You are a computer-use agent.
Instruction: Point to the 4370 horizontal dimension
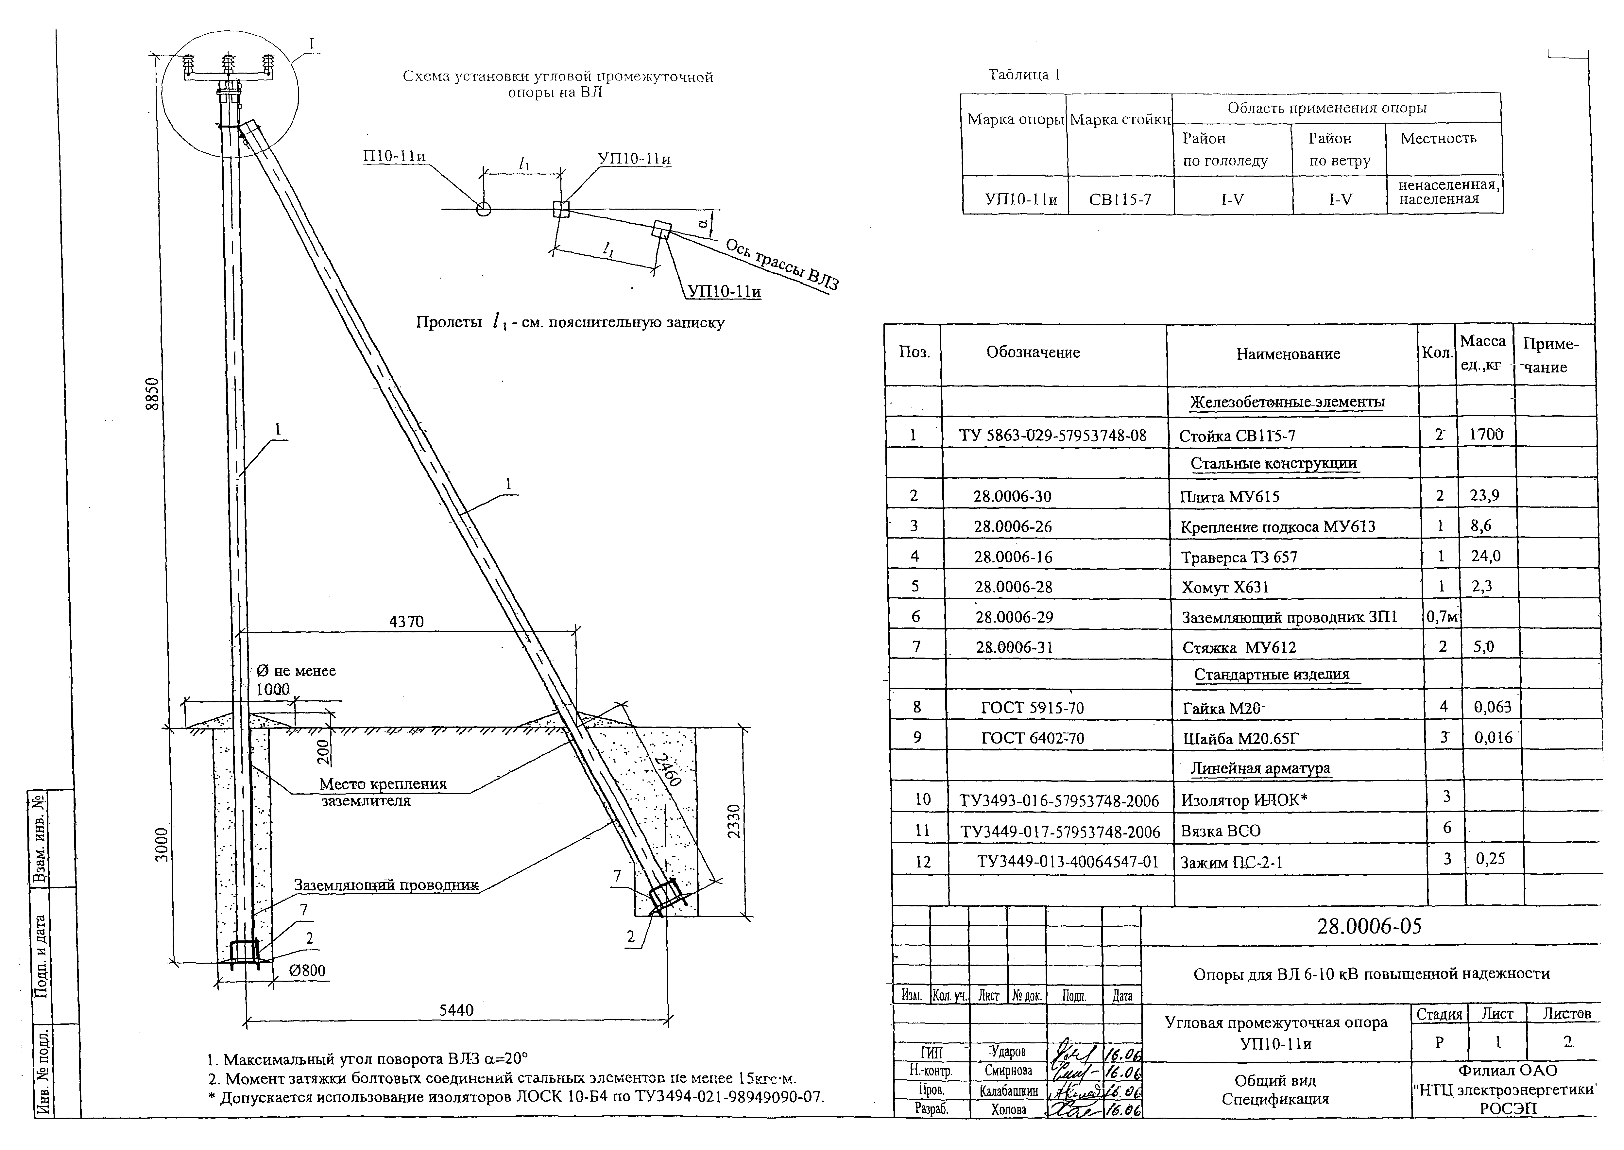(x=406, y=621)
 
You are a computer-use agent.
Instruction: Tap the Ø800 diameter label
(x=307, y=970)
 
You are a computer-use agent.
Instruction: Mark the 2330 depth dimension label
(x=733, y=821)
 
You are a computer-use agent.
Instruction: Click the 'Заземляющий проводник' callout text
(x=386, y=885)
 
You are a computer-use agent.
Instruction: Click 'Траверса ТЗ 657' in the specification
(x=1239, y=557)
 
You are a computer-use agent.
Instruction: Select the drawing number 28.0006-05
(x=1368, y=926)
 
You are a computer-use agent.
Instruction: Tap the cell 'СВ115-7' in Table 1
(x=1120, y=200)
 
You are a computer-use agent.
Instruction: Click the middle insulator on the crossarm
(x=227, y=65)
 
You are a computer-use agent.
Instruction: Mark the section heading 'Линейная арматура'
(x=1260, y=768)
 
